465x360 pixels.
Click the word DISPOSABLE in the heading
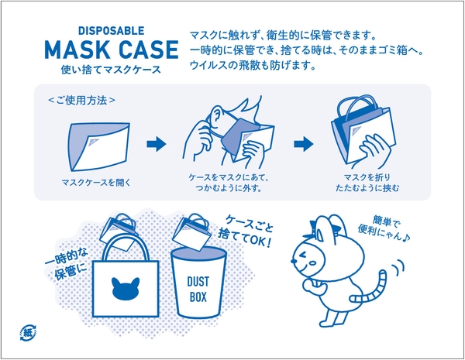112,31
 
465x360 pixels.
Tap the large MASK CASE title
112,51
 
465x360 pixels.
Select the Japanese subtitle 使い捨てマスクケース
112,70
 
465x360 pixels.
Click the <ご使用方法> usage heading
82,100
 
